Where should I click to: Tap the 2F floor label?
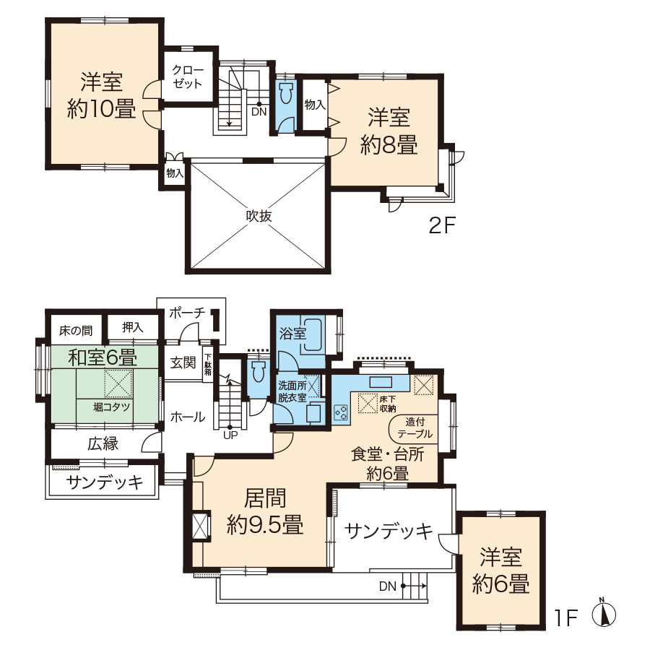442,226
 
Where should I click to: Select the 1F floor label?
566,618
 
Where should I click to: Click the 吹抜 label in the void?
259,215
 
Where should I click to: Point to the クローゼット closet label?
187,77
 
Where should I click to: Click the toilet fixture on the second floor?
287,94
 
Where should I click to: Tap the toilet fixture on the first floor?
258,371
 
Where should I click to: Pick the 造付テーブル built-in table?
414,428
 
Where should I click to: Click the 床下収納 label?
388,404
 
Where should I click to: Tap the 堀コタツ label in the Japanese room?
111,407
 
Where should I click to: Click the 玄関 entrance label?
183,363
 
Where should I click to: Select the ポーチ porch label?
187,312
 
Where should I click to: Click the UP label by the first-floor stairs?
230,435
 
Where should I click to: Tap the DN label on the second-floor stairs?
259,111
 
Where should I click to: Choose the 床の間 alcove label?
76,330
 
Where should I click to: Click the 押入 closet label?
133,327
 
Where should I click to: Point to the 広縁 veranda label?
103,444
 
